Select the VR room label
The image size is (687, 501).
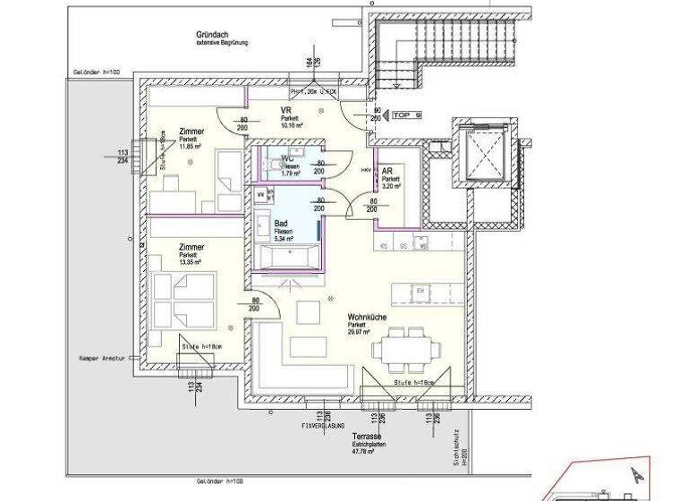pos(286,110)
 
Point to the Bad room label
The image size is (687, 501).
pos(281,225)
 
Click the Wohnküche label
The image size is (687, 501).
pos(367,316)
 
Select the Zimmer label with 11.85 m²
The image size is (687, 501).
pos(191,132)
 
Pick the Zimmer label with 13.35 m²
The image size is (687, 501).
pos(191,247)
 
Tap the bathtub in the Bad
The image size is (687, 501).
pos(284,256)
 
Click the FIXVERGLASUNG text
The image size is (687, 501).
pos(324,428)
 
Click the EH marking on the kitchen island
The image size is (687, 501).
pos(420,292)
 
